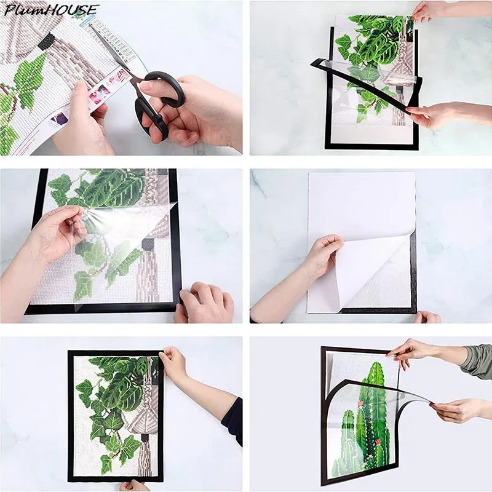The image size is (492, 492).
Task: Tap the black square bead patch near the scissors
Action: (47, 41)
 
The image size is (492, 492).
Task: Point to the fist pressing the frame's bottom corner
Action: (205, 302)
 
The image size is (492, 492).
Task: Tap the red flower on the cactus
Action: (378, 443)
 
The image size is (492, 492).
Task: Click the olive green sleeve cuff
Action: (478, 361)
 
